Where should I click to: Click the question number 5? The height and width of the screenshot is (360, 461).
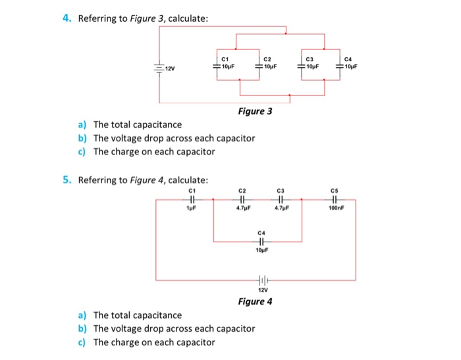pyautogui.click(x=67, y=180)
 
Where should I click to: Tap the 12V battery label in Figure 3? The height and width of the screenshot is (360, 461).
pyautogui.click(x=170, y=68)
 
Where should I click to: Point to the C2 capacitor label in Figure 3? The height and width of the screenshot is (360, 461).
pyautogui.click(x=267, y=59)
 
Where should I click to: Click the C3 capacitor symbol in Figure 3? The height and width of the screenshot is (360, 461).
pyautogui.click(x=300, y=66)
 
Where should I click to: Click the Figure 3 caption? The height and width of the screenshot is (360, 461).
pyautogui.click(x=255, y=111)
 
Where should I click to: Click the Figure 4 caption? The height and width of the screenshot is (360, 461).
pyautogui.click(x=255, y=301)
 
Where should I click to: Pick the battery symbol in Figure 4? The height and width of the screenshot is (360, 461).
pyautogui.click(x=261, y=279)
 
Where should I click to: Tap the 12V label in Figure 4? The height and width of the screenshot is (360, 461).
pyautogui.click(x=261, y=290)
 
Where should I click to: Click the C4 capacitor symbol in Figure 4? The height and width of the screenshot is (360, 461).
pyautogui.click(x=261, y=241)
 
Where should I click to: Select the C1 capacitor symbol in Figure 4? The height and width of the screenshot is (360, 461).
pyautogui.click(x=192, y=199)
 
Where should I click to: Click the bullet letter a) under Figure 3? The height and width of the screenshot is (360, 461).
pyautogui.click(x=82, y=124)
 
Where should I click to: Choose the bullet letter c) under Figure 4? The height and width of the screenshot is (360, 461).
pyautogui.click(x=82, y=342)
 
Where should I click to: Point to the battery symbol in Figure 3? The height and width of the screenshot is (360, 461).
pyautogui.click(x=159, y=68)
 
